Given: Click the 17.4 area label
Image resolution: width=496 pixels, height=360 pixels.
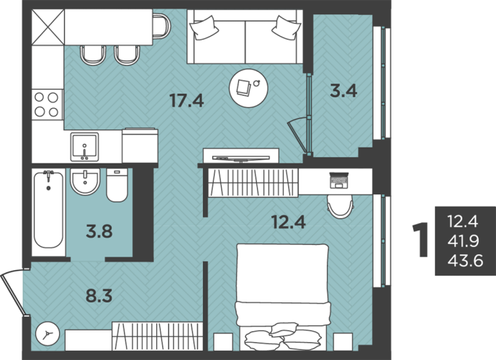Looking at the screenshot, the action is (x=186, y=100).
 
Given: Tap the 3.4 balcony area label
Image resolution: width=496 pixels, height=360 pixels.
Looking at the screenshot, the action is (x=343, y=91).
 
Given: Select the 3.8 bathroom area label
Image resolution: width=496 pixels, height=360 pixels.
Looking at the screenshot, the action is (x=99, y=232).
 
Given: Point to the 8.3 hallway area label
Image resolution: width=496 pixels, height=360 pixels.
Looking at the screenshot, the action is (x=99, y=296).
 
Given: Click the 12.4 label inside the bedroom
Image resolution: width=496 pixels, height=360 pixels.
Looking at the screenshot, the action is (x=289, y=222).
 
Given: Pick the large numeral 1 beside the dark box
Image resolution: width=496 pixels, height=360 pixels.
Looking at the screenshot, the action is (x=420, y=240).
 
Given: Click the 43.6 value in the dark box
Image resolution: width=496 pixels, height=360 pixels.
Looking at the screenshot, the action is (x=465, y=261).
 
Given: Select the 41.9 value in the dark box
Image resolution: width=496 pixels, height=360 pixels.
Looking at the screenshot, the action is (x=464, y=241).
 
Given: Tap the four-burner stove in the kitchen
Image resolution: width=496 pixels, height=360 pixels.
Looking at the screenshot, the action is (x=47, y=104).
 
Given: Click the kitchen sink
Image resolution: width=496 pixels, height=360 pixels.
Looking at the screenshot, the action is (x=84, y=147).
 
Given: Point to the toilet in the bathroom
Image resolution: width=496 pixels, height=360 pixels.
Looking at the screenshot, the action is (x=117, y=185).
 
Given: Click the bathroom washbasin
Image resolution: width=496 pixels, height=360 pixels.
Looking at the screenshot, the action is (x=85, y=181).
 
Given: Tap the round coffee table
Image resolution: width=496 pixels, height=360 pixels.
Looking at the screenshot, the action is (x=248, y=89).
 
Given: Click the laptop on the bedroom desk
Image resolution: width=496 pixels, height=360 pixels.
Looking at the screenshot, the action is (x=339, y=180).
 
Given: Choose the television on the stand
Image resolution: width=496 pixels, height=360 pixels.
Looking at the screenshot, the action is (x=241, y=158).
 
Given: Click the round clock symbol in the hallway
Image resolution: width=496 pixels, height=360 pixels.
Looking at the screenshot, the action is (x=48, y=334).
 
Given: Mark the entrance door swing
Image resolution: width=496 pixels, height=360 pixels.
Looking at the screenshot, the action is (x=12, y=292).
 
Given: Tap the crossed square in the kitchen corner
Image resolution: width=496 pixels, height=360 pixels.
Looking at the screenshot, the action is (x=48, y=27).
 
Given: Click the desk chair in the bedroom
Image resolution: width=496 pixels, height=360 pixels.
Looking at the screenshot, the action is (x=341, y=206).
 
